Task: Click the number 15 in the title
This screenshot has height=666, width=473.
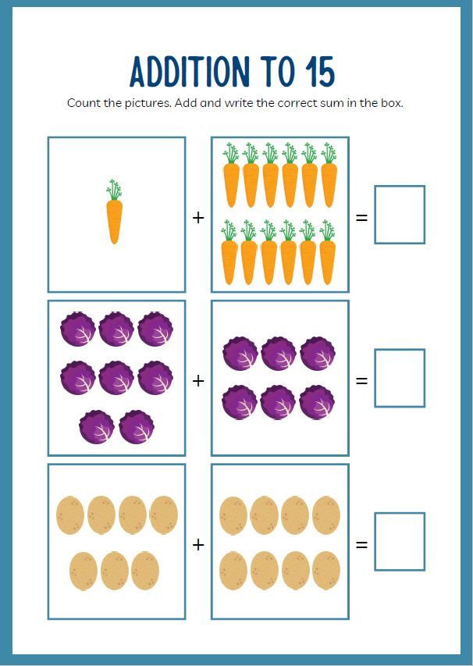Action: (x=320, y=71)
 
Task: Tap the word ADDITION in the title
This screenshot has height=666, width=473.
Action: (x=190, y=71)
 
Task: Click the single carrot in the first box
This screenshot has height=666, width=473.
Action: (x=114, y=212)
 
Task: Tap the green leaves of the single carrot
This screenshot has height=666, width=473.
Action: (x=114, y=190)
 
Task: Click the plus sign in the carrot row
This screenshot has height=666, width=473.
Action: (x=198, y=218)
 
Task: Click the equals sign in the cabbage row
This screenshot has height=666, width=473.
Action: (x=361, y=381)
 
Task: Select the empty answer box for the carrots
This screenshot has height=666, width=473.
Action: (x=400, y=215)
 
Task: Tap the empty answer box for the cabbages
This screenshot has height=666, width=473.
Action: (x=400, y=378)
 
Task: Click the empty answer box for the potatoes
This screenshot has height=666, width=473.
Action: (x=400, y=542)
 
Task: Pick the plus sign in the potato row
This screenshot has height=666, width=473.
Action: (x=198, y=544)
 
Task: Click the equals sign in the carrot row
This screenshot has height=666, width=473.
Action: (x=361, y=218)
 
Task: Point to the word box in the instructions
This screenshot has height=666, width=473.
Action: (x=391, y=103)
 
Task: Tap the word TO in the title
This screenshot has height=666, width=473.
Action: (x=279, y=71)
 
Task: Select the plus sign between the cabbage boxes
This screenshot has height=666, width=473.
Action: (x=198, y=381)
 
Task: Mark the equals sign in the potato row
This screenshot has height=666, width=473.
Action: (x=361, y=544)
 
